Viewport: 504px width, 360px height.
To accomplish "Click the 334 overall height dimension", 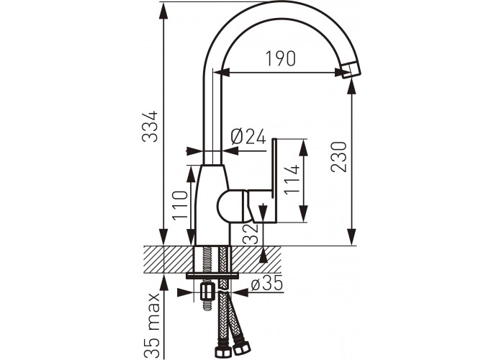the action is (150, 126).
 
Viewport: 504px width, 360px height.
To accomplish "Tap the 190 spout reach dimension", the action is (280, 59).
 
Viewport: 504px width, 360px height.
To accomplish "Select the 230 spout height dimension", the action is (339, 156).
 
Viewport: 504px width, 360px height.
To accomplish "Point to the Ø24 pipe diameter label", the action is (248, 137).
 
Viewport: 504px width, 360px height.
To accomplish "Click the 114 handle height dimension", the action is (292, 179).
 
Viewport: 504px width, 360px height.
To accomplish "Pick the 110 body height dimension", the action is (180, 205).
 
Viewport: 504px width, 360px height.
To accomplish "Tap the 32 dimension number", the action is (251, 234).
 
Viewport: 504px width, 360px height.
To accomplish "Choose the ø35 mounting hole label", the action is (267, 284).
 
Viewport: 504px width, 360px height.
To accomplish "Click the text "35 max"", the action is (152, 324).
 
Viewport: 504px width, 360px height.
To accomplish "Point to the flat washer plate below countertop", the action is (212, 276).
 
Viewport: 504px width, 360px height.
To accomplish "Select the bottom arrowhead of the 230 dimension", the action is (352, 237).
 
